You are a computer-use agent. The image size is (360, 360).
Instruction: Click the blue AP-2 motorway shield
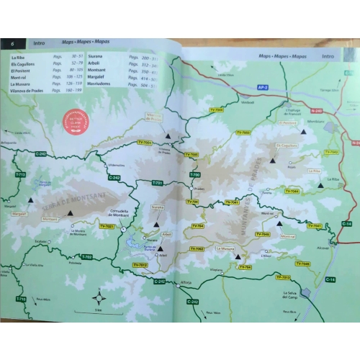click(x=263, y=88)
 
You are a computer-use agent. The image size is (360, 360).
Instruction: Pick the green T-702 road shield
click(x=88, y=257)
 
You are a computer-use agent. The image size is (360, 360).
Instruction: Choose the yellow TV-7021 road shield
click(x=107, y=227)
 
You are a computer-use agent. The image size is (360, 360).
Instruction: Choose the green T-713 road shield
click(x=19, y=175)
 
